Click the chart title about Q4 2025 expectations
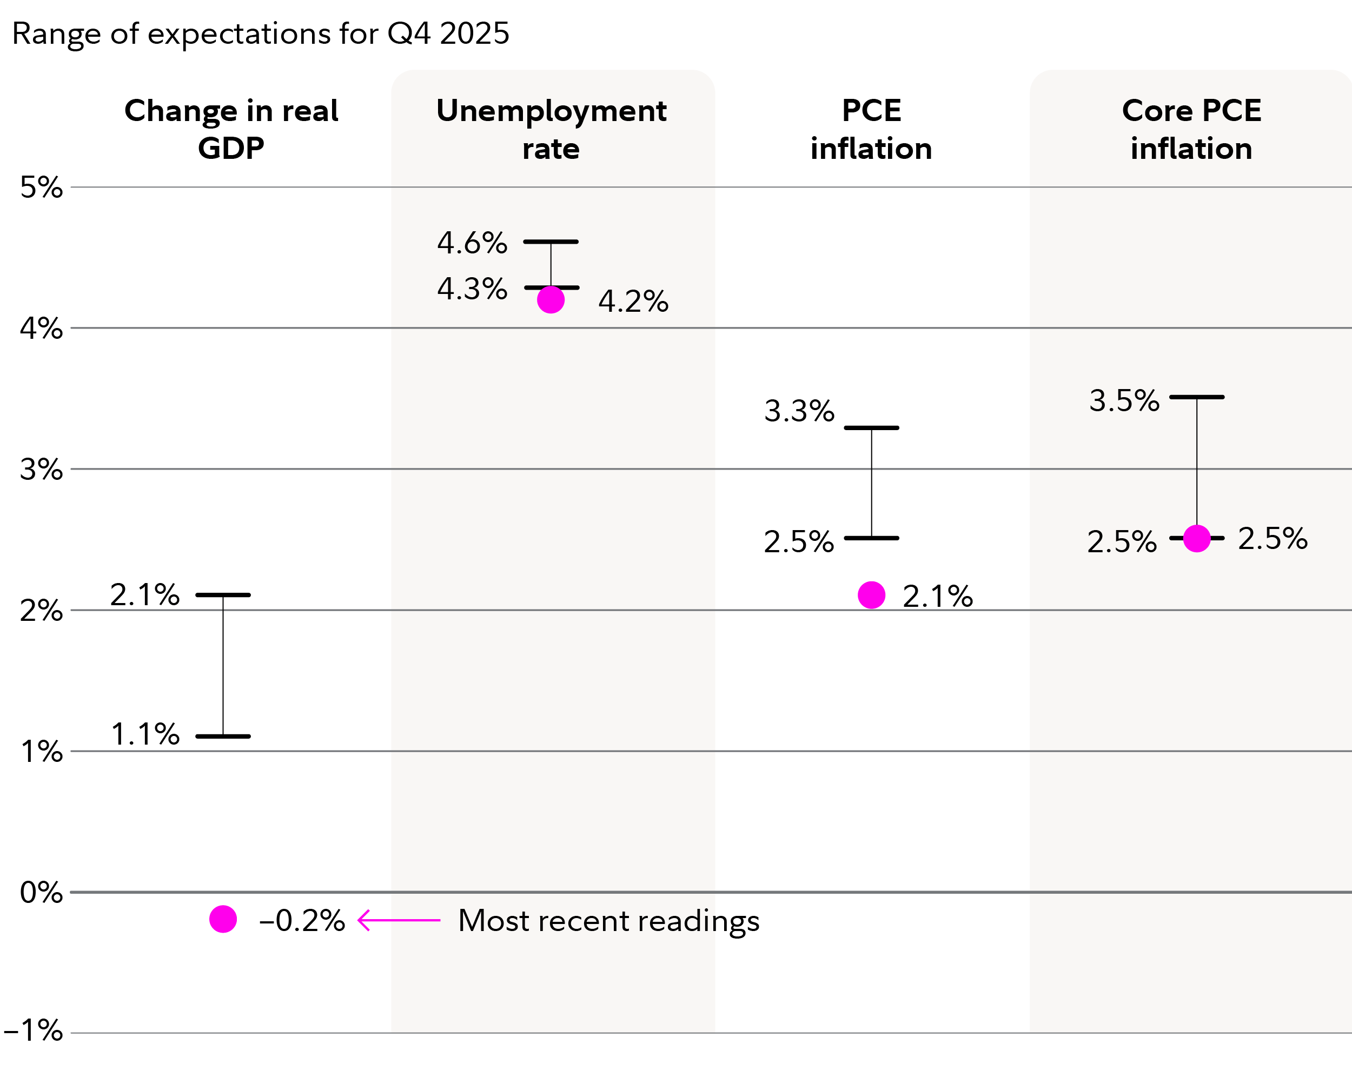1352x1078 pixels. [260, 33]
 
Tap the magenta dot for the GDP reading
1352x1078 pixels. [223, 920]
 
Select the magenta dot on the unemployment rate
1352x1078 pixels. [551, 299]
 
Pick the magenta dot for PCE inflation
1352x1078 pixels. [871, 595]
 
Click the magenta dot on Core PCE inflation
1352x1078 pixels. [1196, 538]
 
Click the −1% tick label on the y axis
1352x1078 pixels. [34, 1030]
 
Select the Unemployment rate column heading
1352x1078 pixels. [551, 129]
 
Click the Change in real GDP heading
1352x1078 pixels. [231, 129]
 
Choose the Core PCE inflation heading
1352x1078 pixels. [1191, 129]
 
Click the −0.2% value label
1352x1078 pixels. [302, 921]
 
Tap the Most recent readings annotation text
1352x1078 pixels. [608, 921]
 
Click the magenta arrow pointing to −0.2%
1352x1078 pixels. [399, 920]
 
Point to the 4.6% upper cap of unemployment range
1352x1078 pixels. [551, 242]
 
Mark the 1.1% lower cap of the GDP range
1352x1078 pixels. [223, 736]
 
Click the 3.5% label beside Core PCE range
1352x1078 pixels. [1124, 400]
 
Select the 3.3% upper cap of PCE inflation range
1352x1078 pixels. [871, 428]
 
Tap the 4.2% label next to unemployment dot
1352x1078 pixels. [633, 302]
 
